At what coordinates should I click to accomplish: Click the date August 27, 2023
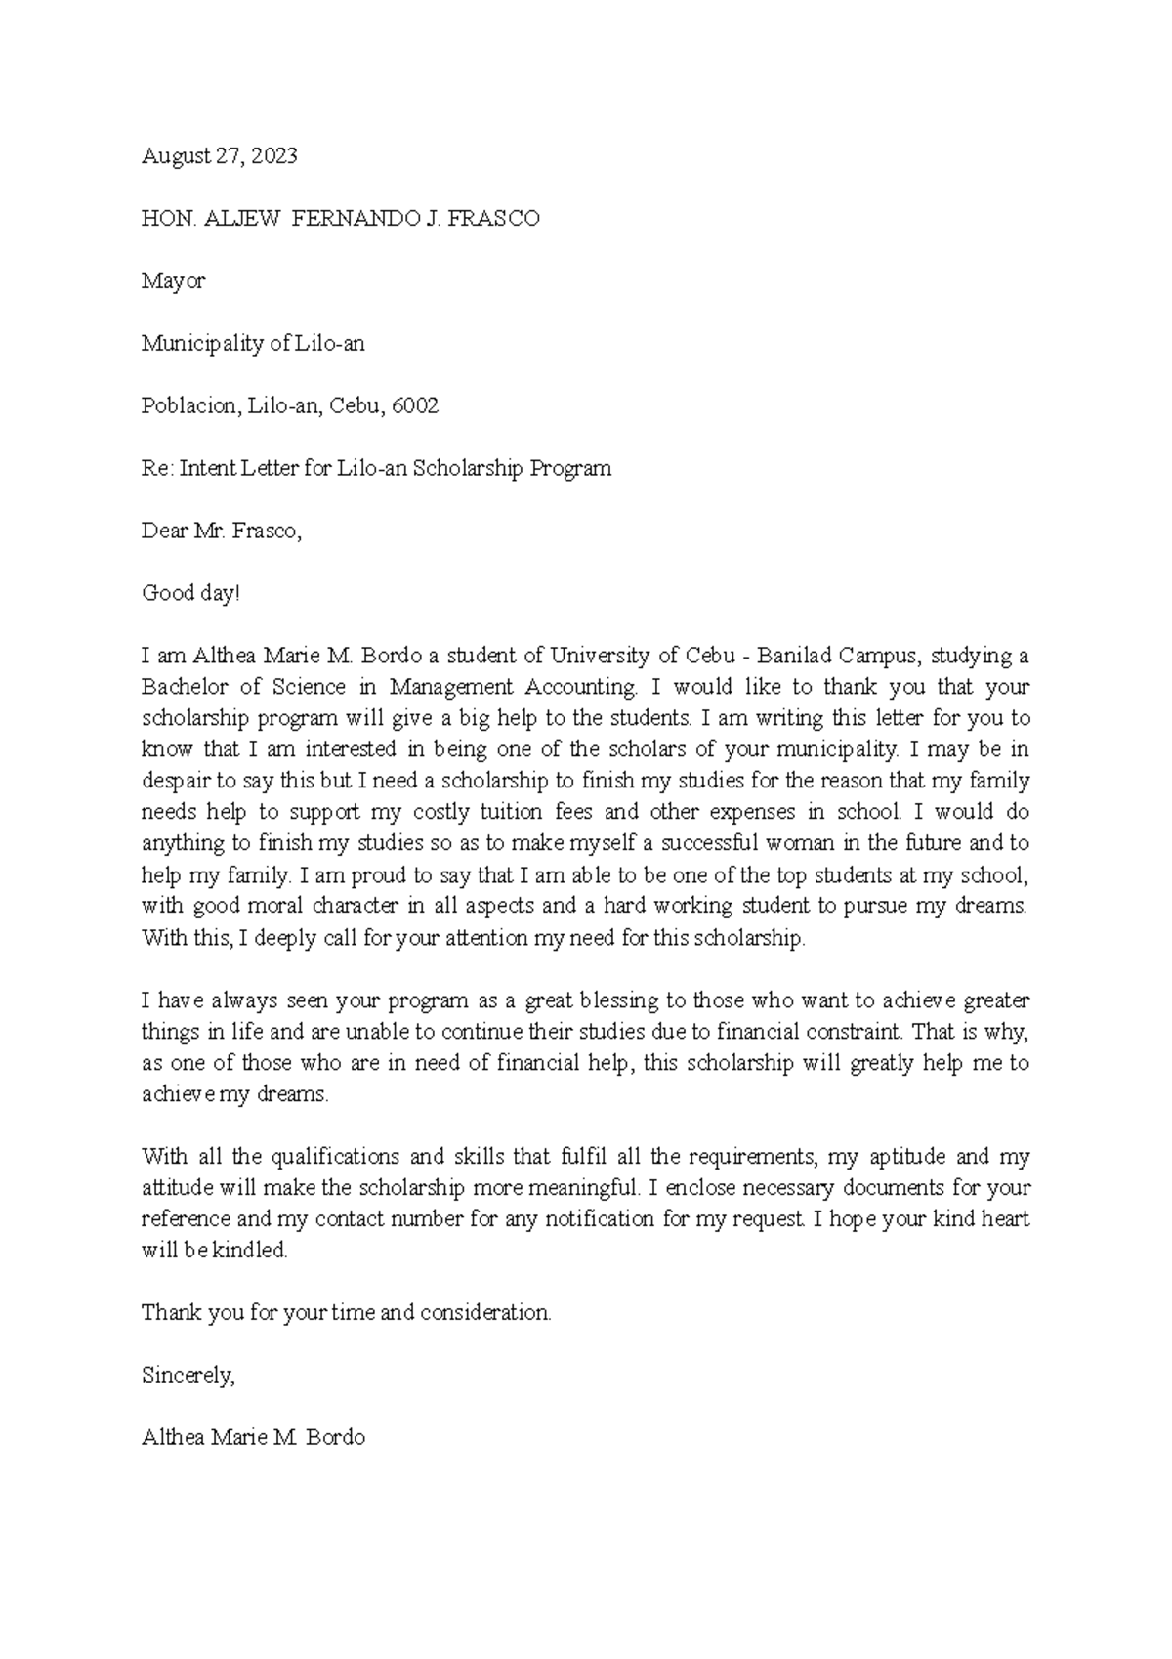coord(219,155)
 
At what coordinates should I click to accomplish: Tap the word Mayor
coord(173,281)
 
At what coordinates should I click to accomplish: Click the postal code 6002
coord(415,405)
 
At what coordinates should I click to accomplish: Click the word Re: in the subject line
coord(157,468)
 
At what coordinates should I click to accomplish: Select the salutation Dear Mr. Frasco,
coord(222,532)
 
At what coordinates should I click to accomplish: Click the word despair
coord(176,781)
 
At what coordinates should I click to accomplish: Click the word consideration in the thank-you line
coord(485,1313)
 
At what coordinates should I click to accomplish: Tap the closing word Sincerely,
coord(188,1376)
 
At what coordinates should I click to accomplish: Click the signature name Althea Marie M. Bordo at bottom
coord(253,1438)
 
